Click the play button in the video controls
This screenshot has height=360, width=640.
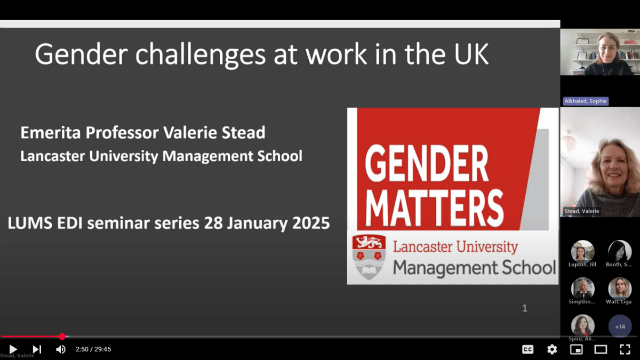coord(13,349)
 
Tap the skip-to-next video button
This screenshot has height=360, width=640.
coord(37,349)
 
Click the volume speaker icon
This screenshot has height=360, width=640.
coord(61,349)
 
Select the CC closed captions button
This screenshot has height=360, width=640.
coord(527,349)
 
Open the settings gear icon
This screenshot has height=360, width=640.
coord(552,349)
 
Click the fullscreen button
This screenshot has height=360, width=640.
coord(625,349)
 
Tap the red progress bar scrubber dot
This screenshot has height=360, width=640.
coord(62,337)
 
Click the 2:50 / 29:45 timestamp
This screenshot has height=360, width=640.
coord(93,349)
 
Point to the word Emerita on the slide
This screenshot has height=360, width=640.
coord(51,133)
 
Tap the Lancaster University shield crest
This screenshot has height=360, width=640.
coord(369,257)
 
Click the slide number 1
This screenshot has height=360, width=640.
coord(525,308)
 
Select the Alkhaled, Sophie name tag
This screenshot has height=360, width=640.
coord(586,101)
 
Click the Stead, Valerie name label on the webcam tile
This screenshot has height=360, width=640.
coord(582,211)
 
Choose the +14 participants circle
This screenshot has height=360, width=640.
coord(620,326)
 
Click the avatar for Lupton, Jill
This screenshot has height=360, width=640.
coord(582,252)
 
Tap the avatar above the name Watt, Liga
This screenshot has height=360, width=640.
coord(620,289)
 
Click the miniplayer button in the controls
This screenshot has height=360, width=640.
coord(577,349)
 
